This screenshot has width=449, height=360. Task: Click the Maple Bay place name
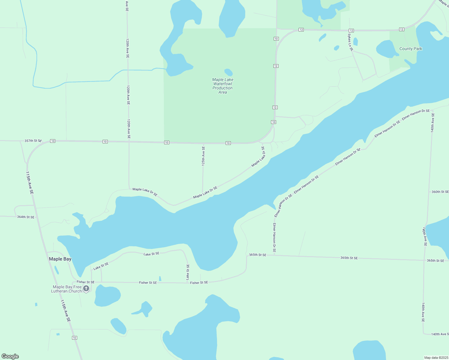[x=60, y=259]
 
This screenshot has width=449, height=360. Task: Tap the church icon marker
[x=86, y=289]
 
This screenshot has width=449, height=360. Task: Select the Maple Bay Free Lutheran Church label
[x=66, y=289]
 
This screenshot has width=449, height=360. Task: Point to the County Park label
[x=411, y=49]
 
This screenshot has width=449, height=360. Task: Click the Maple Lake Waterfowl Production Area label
[x=223, y=86]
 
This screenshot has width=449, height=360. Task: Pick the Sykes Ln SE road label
[x=350, y=42]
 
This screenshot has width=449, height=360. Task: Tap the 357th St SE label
[x=33, y=141]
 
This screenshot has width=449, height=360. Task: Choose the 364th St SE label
[x=26, y=217]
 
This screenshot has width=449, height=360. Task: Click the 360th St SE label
[x=440, y=192]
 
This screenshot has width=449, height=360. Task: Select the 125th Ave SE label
[x=203, y=156]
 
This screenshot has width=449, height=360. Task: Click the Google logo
[x=10, y=356]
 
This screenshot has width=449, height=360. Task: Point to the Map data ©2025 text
[x=435, y=358]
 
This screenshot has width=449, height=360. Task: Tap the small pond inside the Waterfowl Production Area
[x=228, y=72]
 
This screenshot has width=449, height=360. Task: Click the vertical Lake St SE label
[x=188, y=272]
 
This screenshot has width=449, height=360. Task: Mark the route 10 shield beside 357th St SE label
[x=53, y=141]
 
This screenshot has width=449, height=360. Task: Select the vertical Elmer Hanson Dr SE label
[x=274, y=237]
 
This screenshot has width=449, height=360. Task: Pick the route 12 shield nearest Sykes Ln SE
[x=351, y=31]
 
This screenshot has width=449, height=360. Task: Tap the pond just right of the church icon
[x=107, y=296]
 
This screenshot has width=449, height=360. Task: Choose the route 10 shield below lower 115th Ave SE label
[x=74, y=338]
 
